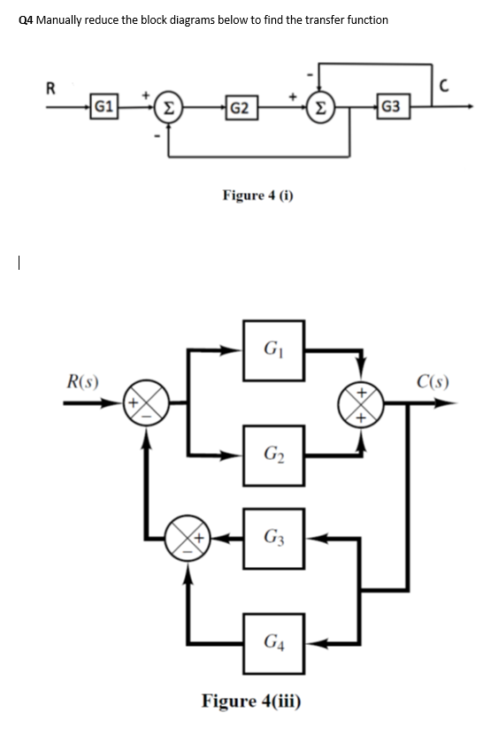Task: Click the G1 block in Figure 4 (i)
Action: [x=103, y=110]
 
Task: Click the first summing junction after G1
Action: [x=168, y=110]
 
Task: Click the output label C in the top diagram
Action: [x=457, y=86]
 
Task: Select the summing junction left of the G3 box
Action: [x=187, y=536]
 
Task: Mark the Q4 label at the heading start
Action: [x=27, y=19]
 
